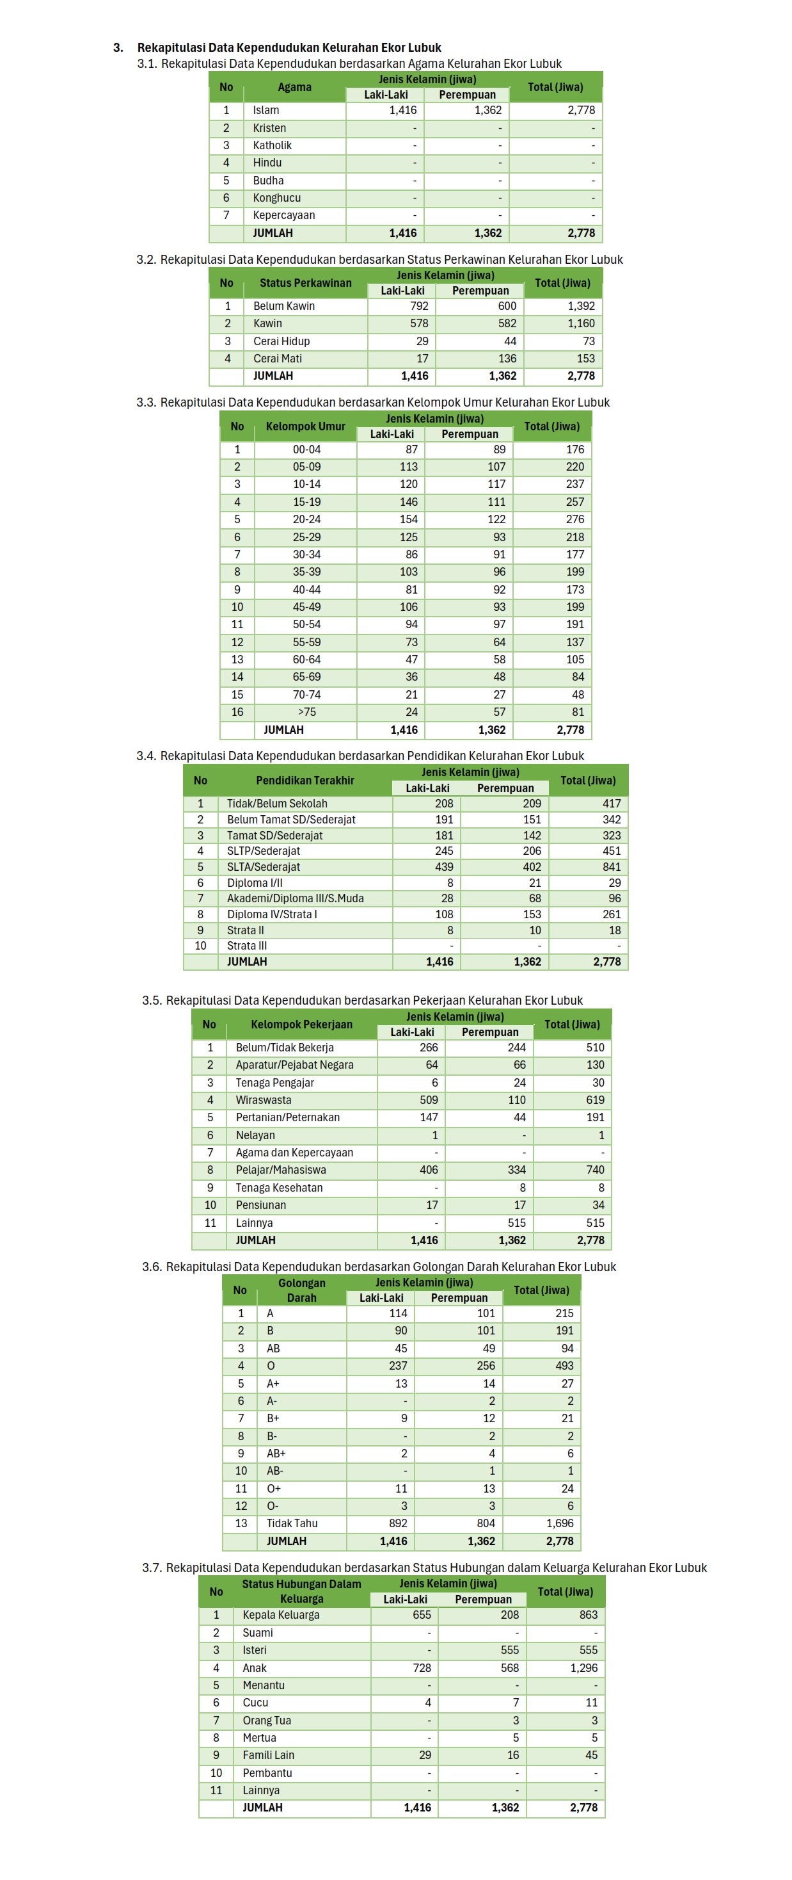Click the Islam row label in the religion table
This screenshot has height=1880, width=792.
coord(266,110)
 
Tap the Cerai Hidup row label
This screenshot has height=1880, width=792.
coord(281,341)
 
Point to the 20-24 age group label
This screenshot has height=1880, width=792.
coord(306,519)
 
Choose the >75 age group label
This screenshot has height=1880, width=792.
coord(306,711)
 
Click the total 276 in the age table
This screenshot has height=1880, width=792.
coord(574,519)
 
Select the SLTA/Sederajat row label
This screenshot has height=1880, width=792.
coord(264,866)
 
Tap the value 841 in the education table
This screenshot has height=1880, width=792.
coord(611,866)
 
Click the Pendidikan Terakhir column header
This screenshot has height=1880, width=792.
coord(305,780)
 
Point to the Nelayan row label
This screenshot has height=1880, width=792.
coord(255,1135)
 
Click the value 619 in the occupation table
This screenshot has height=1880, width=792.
coord(595,1100)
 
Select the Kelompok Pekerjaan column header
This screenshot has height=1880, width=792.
coord(301,1024)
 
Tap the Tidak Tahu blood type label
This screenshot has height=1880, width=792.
coord(292,1523)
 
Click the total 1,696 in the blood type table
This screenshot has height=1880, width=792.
coord(559,1523)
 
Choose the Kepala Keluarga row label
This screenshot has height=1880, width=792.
coord(281,1615)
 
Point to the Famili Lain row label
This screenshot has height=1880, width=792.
coord(269,1754)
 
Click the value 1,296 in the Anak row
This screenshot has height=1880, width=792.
coord(583,1667)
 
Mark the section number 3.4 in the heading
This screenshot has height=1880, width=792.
coord(146,756)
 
